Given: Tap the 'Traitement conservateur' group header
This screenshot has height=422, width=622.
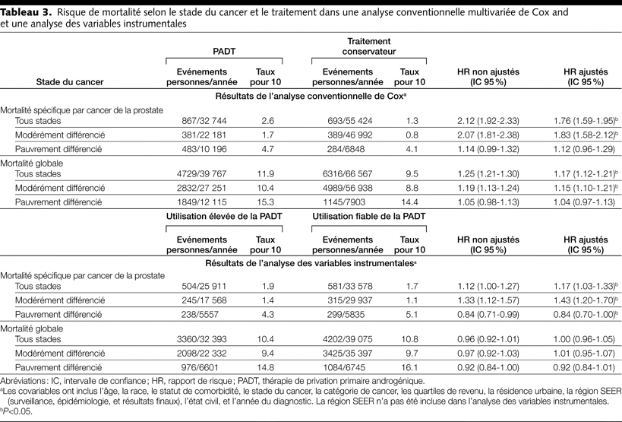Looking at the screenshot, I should pyautogui.click(x=368, y=46).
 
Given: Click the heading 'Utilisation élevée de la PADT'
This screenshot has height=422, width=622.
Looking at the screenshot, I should pyautogui.click(x=224, y=217).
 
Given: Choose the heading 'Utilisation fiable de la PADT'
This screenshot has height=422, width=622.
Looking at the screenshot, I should pyautogui.click(x=368, y=217).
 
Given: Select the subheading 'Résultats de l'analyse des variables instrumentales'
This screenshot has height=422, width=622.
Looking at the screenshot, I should pyautogui.click(x=311, y=262).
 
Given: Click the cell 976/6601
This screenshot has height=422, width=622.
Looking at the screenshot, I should pyautogui.click(x=202, y=366).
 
